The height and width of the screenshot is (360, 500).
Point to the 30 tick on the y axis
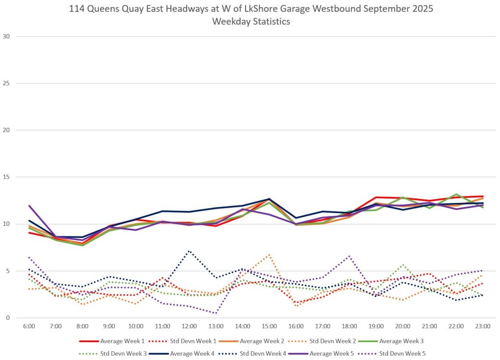[x=8, y=36]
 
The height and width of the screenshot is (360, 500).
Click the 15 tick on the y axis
[x=8, y=177]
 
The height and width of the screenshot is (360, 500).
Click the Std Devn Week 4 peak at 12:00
[x=189, y=251]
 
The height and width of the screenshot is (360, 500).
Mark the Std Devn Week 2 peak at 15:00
[x=269, y=254]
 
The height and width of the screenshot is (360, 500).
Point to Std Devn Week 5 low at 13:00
[x=216, y=313]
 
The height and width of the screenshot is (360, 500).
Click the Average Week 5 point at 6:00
[x=29, y=205]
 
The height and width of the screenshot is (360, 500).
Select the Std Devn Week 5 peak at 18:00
[x=349, y=256]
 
